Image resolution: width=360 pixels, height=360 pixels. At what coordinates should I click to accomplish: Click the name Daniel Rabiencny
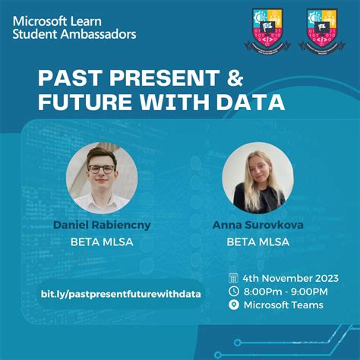point(101,225)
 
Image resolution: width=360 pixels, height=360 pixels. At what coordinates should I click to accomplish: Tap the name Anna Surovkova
point(257,225)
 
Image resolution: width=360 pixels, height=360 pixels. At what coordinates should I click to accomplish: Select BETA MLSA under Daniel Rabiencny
point(101,242)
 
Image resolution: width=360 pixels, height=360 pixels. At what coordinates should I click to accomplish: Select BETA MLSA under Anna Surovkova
point(257,242)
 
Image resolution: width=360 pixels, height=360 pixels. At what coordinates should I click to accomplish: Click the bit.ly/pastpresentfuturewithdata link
point(121,293)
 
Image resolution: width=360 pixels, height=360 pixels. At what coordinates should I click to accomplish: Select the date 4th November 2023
point(291,277)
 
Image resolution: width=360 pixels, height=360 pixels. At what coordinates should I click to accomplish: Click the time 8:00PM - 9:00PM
point(286,292)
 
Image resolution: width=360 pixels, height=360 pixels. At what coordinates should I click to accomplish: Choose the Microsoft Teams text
point(283,305)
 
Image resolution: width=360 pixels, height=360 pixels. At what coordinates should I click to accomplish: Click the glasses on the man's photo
point(101,169)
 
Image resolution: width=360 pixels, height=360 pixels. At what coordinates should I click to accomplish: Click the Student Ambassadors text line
point(74,33)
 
